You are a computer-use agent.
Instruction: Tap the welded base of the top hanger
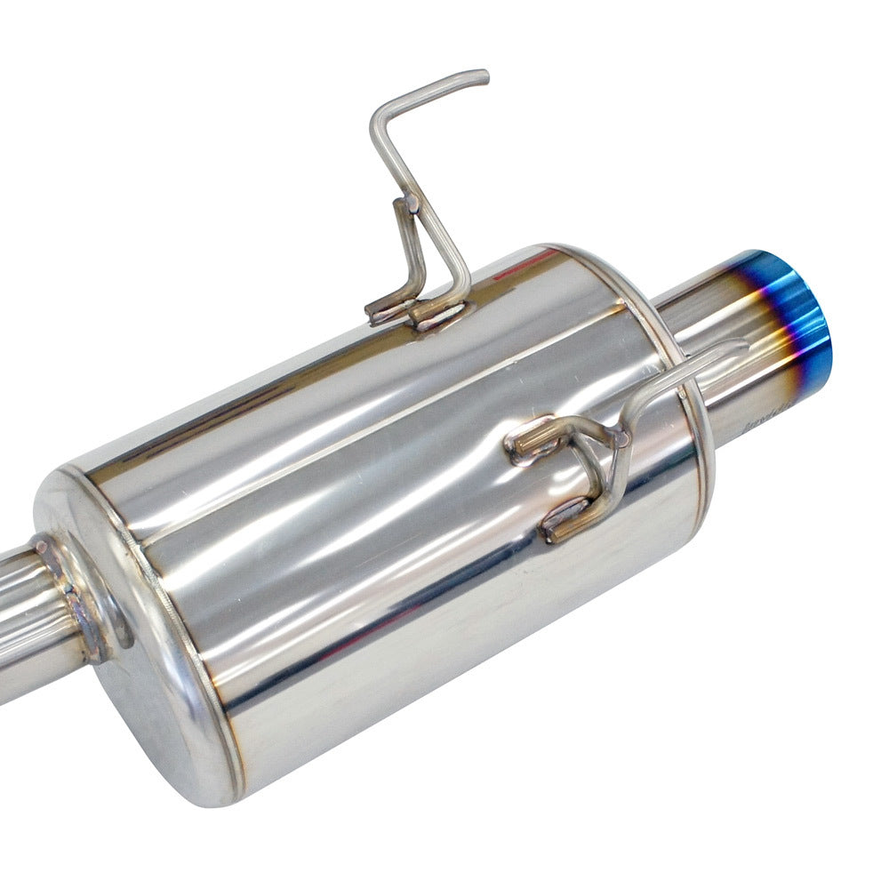coord(418,311)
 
